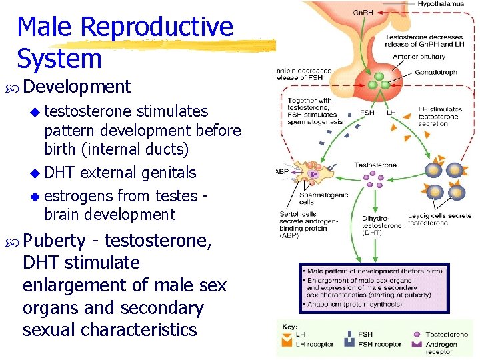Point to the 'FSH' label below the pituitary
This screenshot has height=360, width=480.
(x=367, y=112)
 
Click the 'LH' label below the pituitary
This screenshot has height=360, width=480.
(x=391, y=112)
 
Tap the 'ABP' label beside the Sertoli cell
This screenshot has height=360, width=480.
(x=282, y=171)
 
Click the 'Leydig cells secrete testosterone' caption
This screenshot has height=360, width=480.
(x=439, y=219)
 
